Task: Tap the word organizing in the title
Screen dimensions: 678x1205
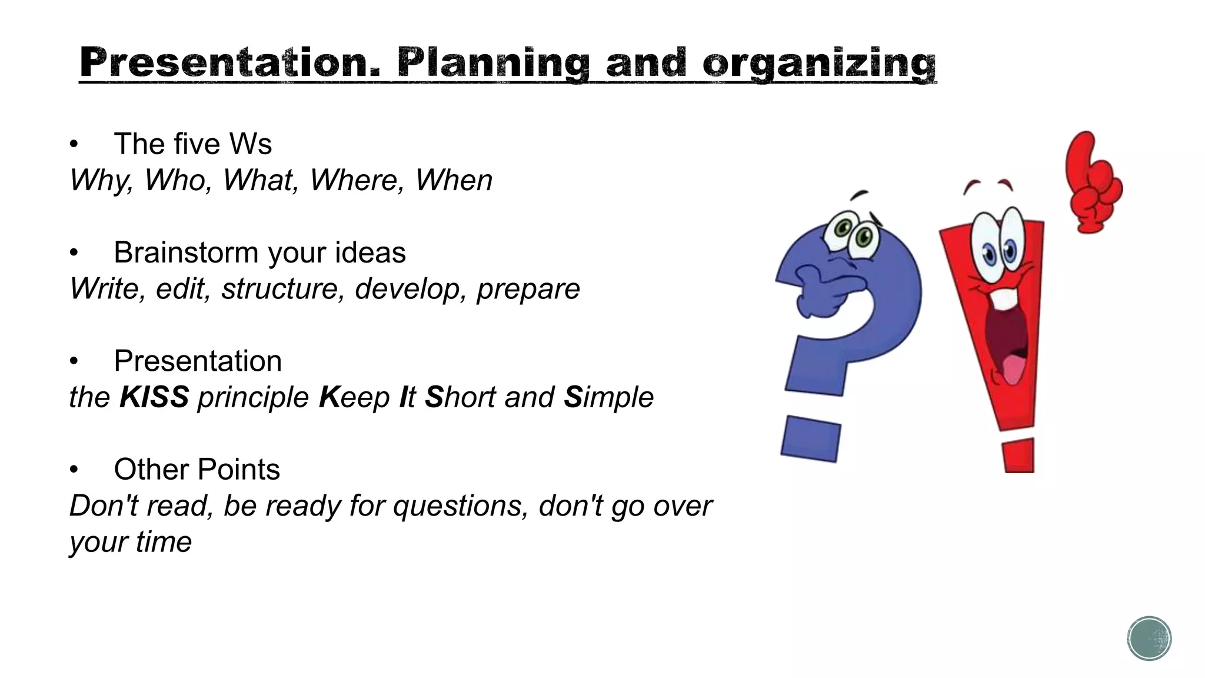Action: pos(819,64)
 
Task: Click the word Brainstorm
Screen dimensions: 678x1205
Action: pos(186,252)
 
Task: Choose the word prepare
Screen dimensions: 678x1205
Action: pos(528,290)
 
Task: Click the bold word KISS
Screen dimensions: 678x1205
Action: pos(154,397)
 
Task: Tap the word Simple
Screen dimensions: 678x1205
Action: pos(608,397)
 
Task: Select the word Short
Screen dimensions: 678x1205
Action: pos(460,397)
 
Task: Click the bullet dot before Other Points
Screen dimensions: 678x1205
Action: pos(74,470)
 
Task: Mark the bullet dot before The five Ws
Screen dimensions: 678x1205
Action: pos(74,144)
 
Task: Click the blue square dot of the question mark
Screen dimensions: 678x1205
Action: pos(811,439)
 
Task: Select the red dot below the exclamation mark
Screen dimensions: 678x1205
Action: pos(1019,456)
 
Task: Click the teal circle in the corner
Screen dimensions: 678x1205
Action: pos(1149,639)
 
